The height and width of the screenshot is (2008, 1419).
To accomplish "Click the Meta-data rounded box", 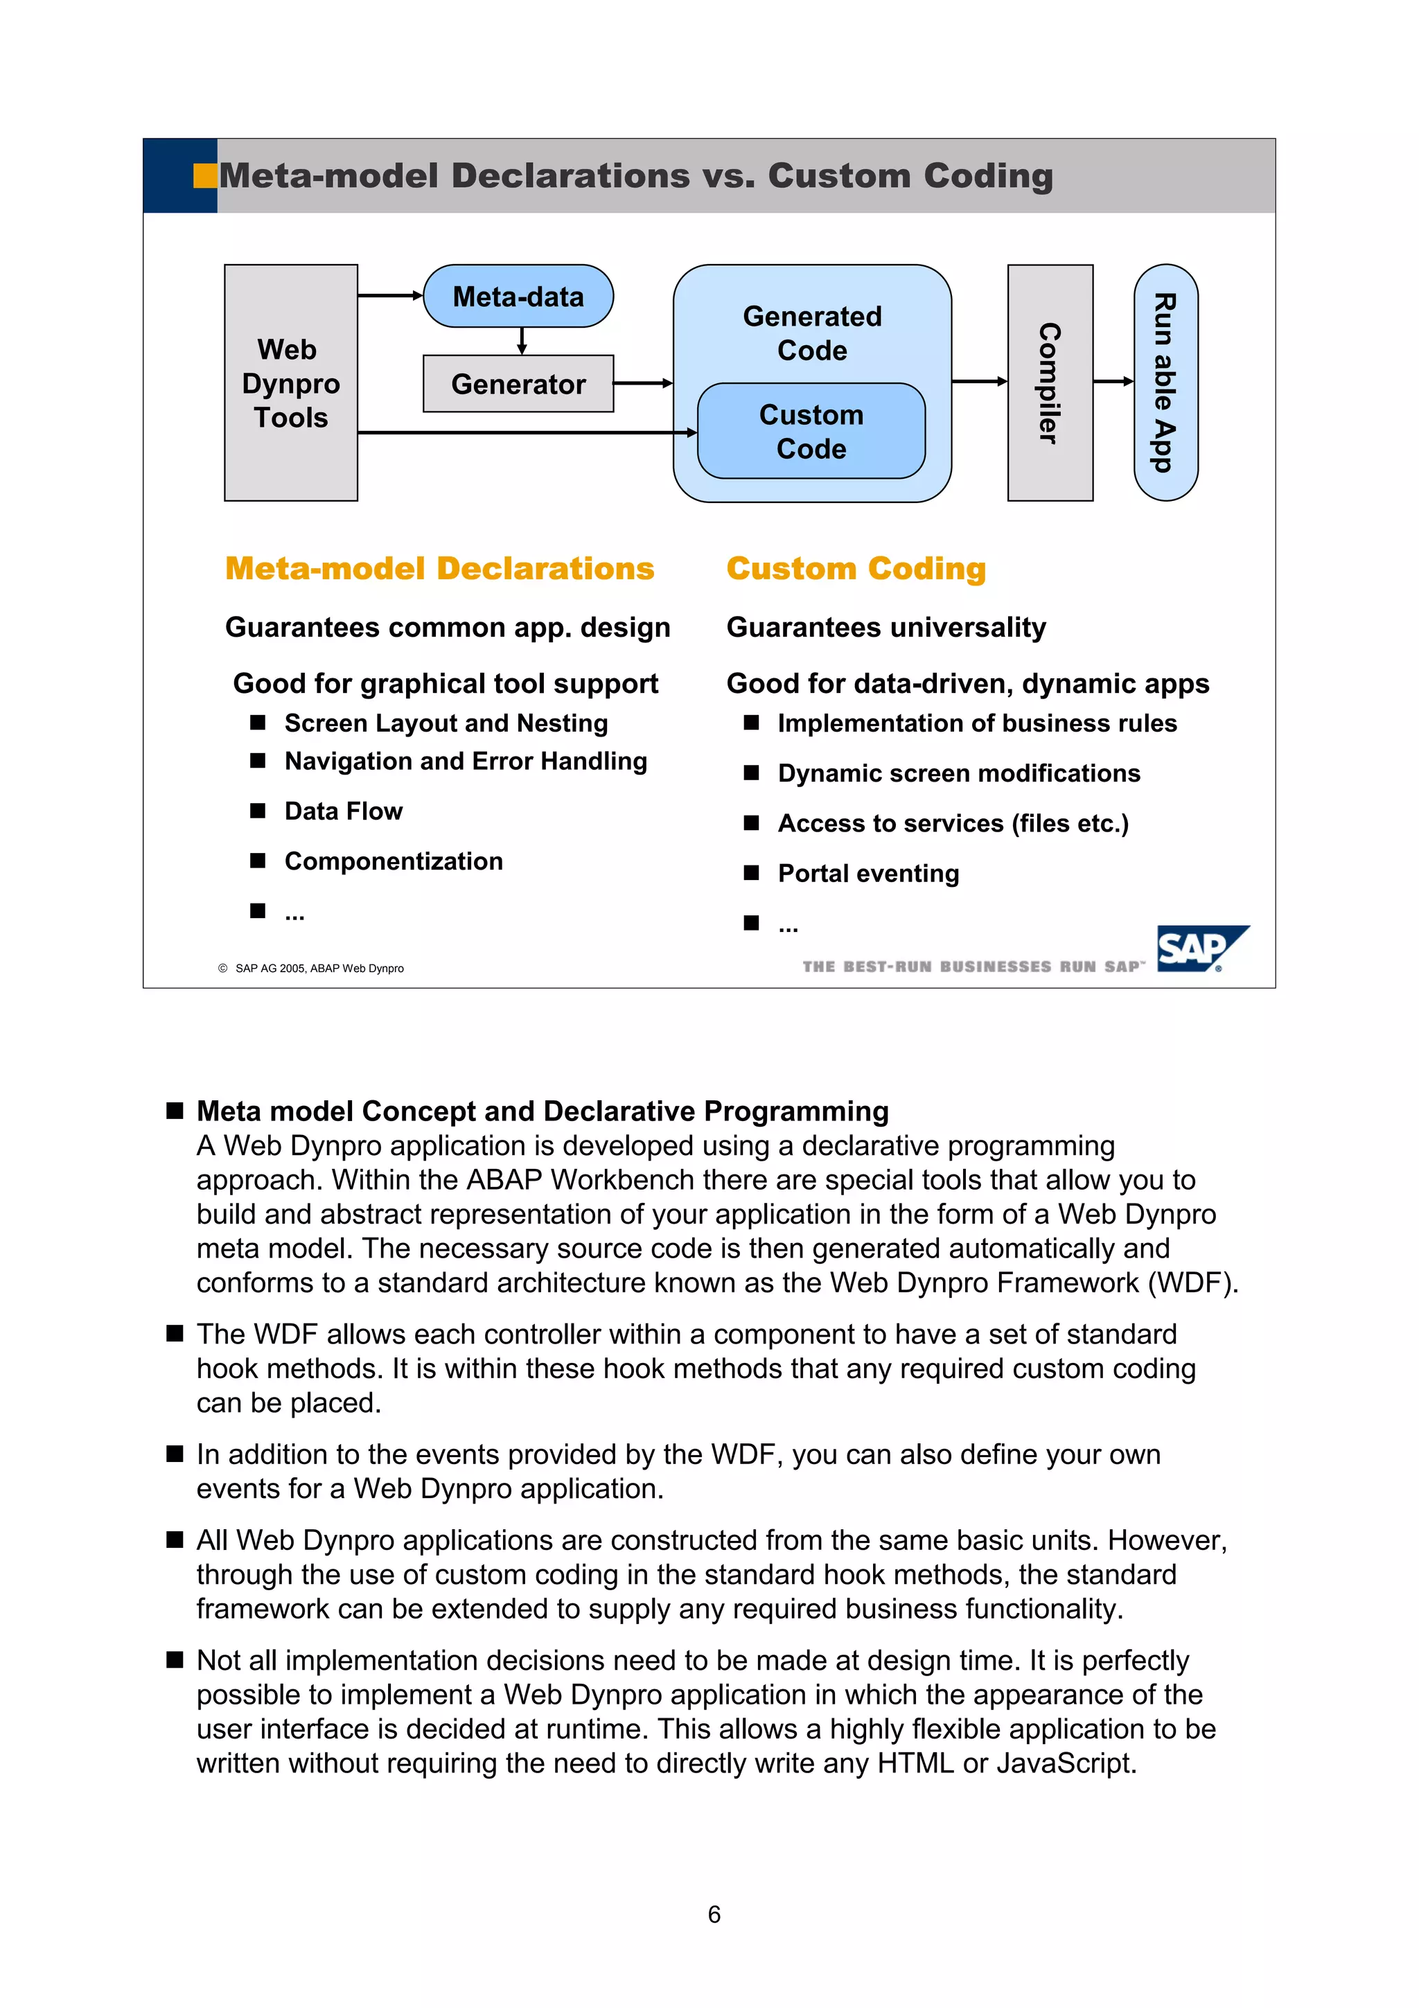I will point(518,297).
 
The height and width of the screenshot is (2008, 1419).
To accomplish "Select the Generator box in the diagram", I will point(518,384).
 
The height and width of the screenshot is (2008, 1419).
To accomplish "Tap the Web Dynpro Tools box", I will point(290,383).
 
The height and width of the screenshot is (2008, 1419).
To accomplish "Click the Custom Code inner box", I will point(811,431).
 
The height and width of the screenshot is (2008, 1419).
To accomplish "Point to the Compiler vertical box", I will point(1049,383).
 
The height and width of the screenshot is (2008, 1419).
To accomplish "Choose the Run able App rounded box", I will point(1165,383).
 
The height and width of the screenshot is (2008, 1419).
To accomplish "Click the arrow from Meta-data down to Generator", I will point(522,341).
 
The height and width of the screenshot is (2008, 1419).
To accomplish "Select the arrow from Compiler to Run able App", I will point(1113,381).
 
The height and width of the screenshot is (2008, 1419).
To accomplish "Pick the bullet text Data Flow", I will point(344,811).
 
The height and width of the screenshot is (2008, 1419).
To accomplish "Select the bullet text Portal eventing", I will point(867,874).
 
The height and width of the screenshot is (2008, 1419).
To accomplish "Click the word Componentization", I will point(394,861).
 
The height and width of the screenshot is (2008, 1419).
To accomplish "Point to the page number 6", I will point(714,1914).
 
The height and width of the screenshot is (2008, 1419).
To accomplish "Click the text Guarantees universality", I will point(885,628).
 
